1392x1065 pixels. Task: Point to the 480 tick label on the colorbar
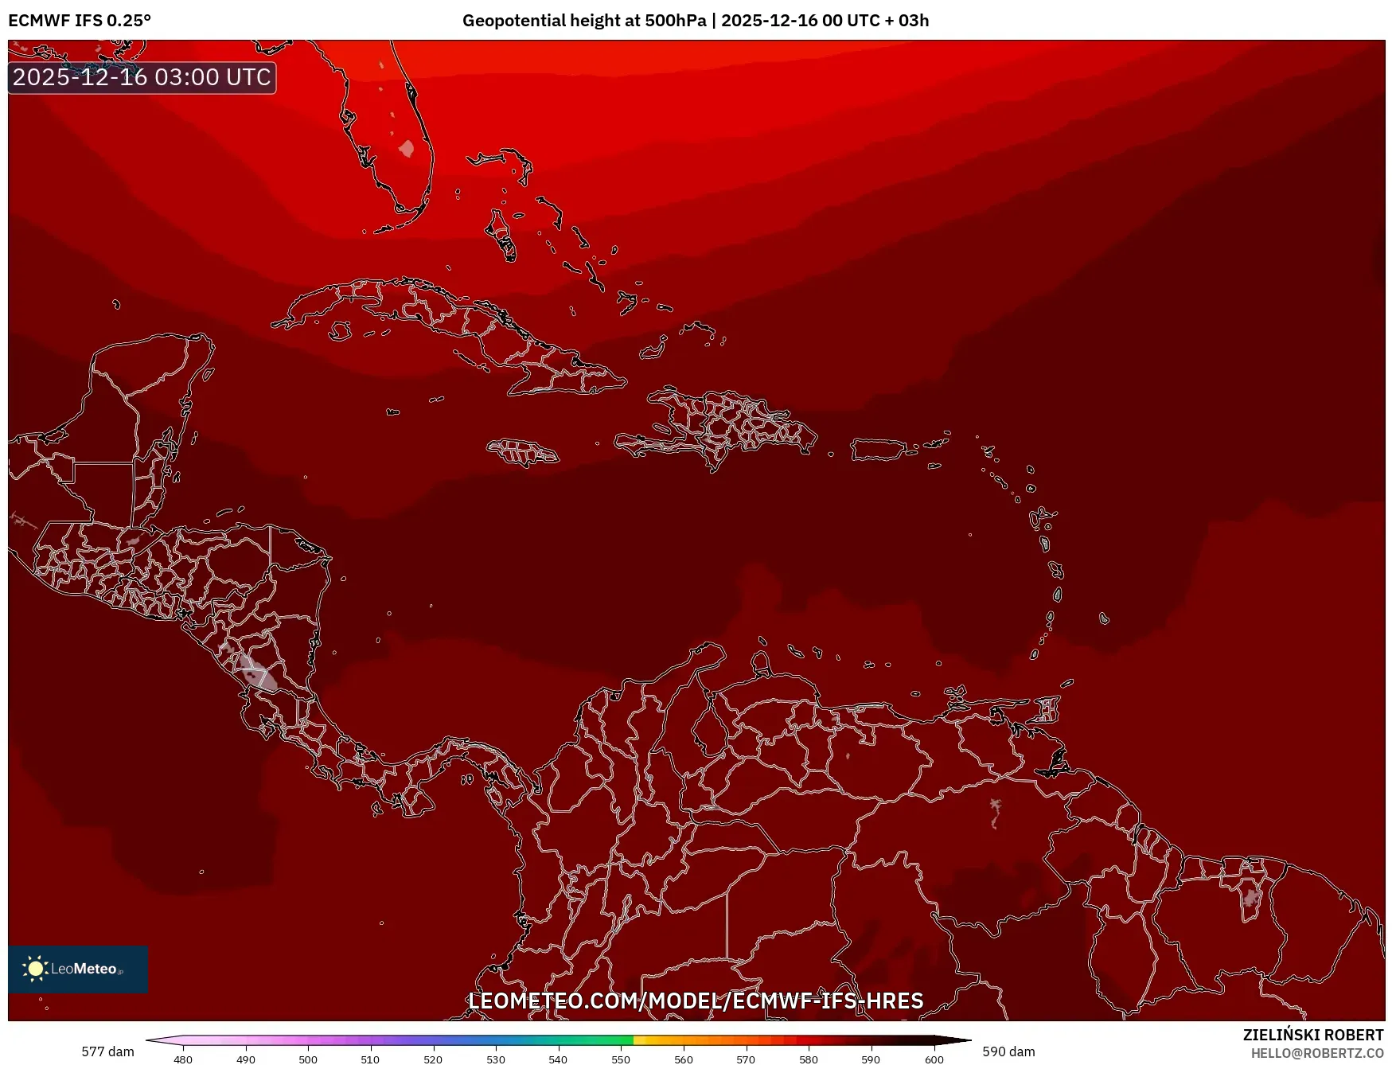183,1059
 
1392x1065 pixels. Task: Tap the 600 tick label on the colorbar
934,1059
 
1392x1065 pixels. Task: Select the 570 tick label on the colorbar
746,1059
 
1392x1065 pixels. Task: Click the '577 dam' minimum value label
107,1051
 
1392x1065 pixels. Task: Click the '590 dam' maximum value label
1008,1051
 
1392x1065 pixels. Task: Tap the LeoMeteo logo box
78,969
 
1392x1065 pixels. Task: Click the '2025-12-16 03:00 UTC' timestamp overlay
142,77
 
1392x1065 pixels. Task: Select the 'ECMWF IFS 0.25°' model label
80,21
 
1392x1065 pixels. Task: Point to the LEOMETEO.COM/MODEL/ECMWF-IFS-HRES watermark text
696,1001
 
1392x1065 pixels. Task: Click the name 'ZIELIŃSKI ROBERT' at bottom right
1313,1035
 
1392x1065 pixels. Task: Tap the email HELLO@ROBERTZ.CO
1317,1053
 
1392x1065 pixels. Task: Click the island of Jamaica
523,453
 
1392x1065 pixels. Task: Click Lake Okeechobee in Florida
407,149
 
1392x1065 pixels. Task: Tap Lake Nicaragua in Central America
258,673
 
